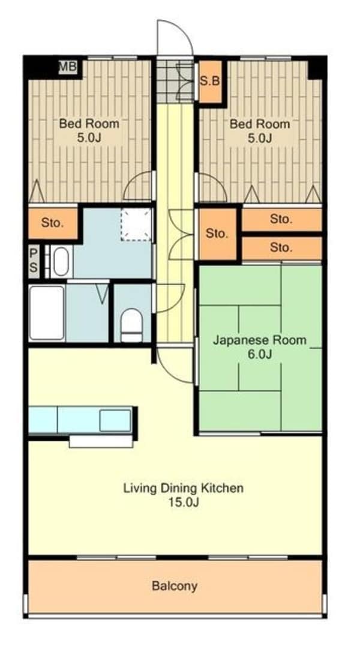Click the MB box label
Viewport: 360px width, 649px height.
point(68,67)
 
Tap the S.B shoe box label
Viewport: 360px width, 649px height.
point(209,80)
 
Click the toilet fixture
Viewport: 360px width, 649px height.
point(130,325)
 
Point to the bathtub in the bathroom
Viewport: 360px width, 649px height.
point(47,313)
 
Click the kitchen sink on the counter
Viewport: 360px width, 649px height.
point(115,420)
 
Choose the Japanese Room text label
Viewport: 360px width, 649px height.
point(259,340)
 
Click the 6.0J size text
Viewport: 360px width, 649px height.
point(259,354)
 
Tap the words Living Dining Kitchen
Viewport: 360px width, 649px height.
point(183,488)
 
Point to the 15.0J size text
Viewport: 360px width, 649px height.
point(183,503)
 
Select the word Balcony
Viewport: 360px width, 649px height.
point(175,586)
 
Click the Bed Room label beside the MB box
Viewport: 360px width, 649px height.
point(89,124)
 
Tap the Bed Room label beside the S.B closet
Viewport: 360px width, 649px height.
point(260,124)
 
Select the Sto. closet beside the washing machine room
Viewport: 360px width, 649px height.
point(53,223)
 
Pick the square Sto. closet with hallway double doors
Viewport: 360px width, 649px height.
point(217,234)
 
